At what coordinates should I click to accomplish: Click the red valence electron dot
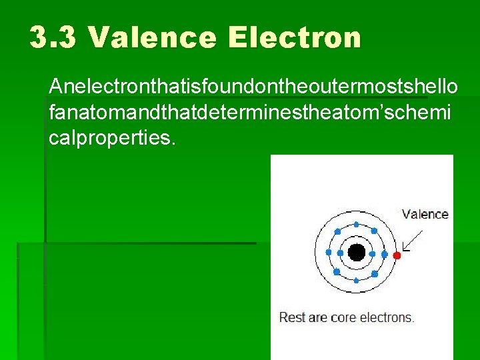pyautogui.click(x=397, y=255)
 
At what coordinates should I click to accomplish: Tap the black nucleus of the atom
pyautogui.click(x=357, y=253)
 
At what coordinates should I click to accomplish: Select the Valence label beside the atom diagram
pyautogui.click(x=425, y=214)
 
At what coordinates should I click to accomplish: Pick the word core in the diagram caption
pyautogui.click(x=337, y=317)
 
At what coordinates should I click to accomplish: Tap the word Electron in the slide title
pyautogui.click(x=294, y=37)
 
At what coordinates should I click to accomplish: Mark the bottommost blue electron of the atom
pyautogui.click(x=357, y=281)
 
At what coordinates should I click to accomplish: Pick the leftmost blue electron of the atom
pyautogui.click(x=328, y=253)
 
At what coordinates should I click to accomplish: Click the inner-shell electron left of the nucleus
pyautogui.click(x=341, y=253)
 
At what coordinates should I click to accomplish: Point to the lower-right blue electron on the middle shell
pyautogui.click(x=374, y=274)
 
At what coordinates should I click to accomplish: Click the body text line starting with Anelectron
pyautogui.click(x=253, y=86)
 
